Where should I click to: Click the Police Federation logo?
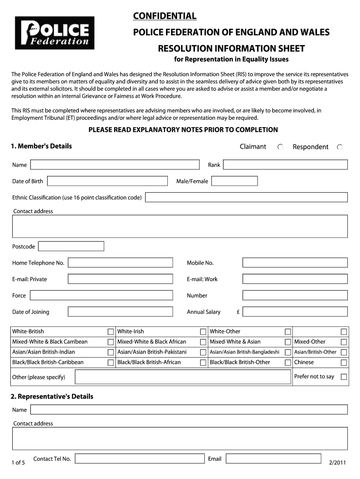click(55, 33)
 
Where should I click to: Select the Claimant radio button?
click(280, 147)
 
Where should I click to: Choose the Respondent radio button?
click(340, 147)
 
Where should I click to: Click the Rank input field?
click(285, 165)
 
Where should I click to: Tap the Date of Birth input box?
click(107, 181)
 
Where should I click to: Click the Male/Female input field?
click(234, 181)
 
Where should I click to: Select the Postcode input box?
click(71, 247)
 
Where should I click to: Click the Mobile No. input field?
click(295, 263)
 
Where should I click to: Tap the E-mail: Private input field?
click(120, 279)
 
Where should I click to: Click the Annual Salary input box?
click(295, 312)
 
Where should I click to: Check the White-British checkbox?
click(111, 332)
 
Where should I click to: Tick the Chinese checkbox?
click(344, 363)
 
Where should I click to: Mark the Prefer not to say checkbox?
click(344, 377)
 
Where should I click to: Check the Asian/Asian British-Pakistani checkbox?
click(203, 352)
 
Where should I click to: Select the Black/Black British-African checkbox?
click(203, 363)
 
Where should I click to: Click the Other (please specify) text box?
click(182, 377)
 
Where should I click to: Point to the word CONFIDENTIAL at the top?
click(165, 16)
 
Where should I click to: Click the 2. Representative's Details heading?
click(52, 397)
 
